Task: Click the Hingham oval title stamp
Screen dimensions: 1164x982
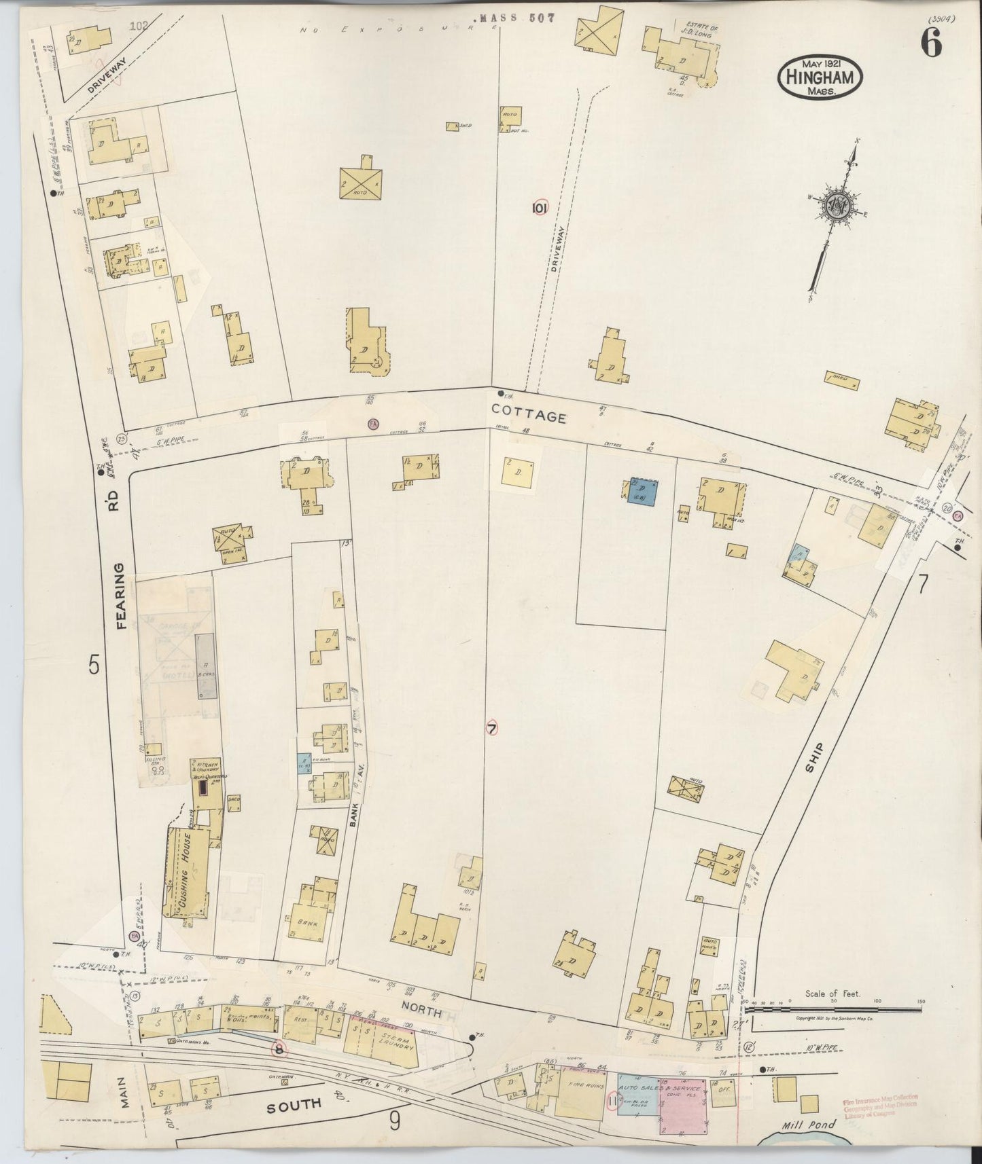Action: (x=820, y=76)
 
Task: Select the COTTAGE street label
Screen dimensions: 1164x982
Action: (x=529, y=414)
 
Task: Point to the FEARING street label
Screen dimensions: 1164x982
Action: (x=122, y=595)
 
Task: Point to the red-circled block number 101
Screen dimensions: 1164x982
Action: (x=540, y=208)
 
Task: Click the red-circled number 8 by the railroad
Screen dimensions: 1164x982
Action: (x=279, y=1049)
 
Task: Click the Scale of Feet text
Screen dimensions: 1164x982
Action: (x=832, y=994)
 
